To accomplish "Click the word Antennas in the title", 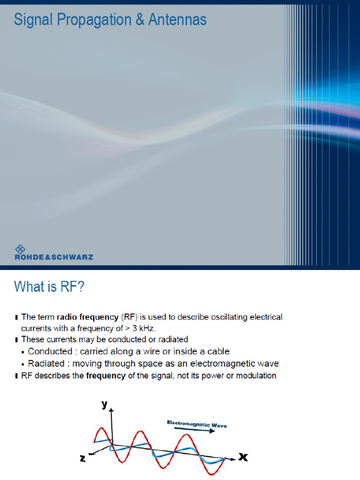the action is tap(177, 19).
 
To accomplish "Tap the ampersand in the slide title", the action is tap(140, 19).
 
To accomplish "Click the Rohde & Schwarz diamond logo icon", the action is tap(20, 249).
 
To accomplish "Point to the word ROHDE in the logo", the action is tap(30, 257).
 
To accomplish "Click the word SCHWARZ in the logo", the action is tap(72, 257).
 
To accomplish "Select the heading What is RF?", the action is tap(49, 286).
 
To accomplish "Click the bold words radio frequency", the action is tap(88, 317).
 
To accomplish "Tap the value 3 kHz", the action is tap(143, 329).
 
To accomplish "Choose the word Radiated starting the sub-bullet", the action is tap(46, 363).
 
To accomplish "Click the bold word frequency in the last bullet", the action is tap(105, 376).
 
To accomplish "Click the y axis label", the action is tap(105, 405).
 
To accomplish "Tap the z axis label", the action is tap(82, 458).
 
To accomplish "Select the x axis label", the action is tap(243, 457).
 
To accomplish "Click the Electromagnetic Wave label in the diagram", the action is tap(197, 424).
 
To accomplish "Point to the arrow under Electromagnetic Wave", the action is tap(195, 430).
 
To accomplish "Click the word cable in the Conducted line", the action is tap(218, 352).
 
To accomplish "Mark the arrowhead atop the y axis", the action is tap(112, 410).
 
